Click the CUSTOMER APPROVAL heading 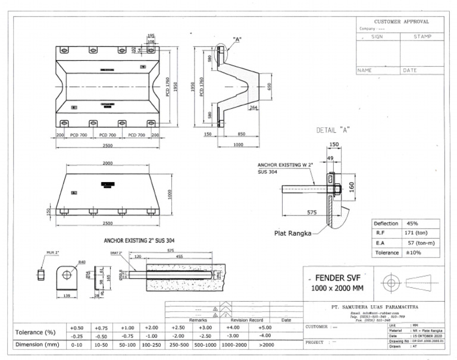(400, 21)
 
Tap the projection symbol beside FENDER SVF (390, 280)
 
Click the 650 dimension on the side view (268, 86)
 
